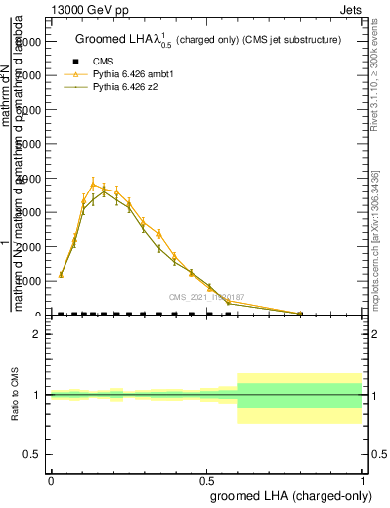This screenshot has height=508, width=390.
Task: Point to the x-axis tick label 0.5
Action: pos(206,480)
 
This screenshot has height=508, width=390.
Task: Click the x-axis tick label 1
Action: pos(363,480)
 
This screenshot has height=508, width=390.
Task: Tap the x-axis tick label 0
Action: pos(51,480)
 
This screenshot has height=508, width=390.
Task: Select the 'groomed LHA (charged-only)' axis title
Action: pos(287,495)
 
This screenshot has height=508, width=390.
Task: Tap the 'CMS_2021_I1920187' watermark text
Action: pos(206,296)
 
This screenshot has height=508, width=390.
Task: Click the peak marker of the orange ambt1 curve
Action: pos(94,184)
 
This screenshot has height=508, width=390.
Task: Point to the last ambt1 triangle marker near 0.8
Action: pos(300,313)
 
